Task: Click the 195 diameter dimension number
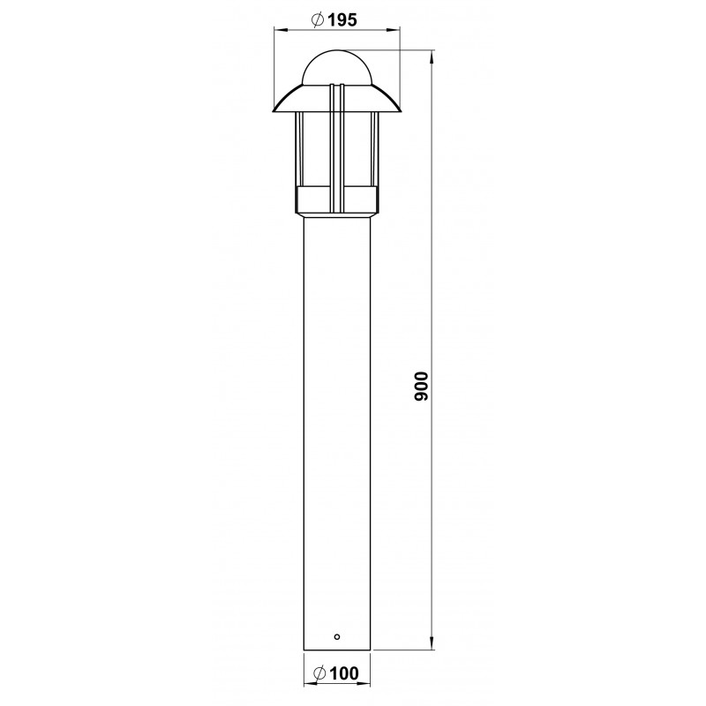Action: click(342, 19)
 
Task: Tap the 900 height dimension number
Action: click(423, 386)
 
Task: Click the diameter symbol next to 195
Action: click(318, 19)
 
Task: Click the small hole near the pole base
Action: click(337, 636)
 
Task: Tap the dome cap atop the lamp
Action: click(337, 67)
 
